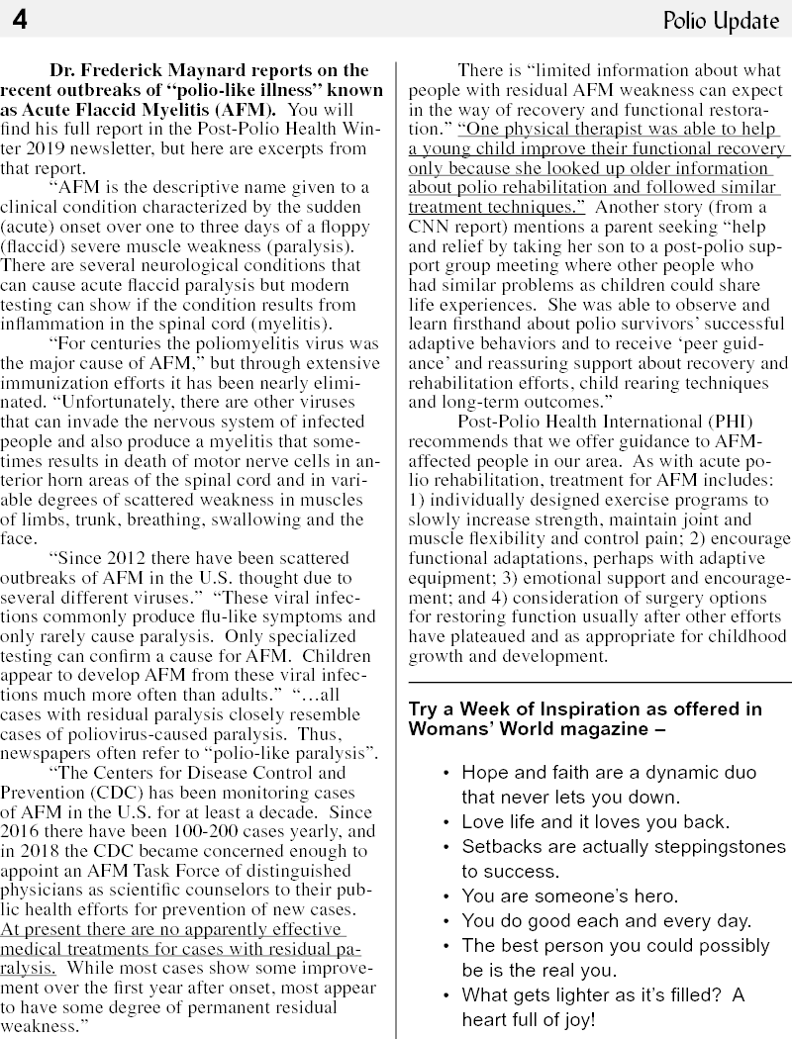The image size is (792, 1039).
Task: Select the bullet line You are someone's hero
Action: coord(570,897)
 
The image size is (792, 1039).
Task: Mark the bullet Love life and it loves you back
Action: coord(595,821)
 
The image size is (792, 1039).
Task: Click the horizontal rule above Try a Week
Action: coord(600,683)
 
